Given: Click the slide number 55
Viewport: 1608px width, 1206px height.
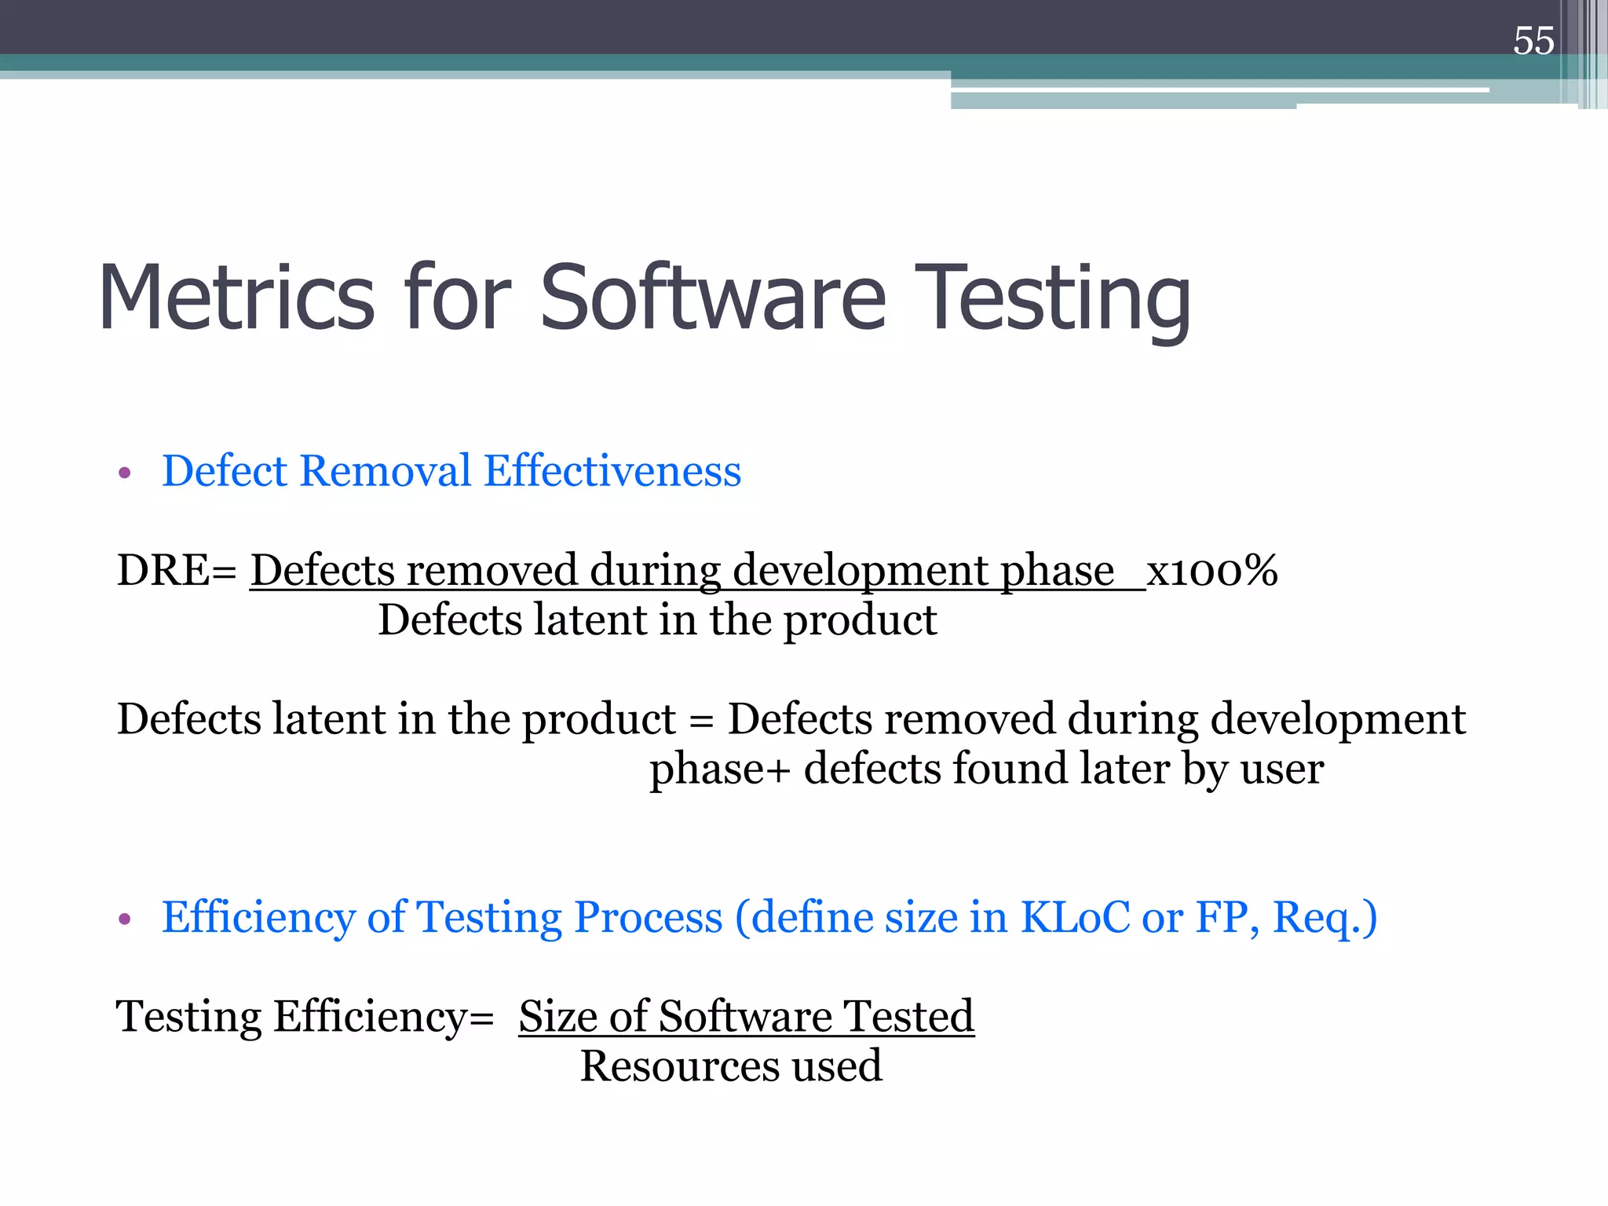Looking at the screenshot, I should (1533, 41).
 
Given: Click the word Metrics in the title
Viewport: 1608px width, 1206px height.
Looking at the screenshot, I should (236, 298).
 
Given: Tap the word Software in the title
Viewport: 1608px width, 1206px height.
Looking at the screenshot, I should (713, 298).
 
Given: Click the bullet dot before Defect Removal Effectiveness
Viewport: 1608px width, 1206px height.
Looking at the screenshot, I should (124, 473).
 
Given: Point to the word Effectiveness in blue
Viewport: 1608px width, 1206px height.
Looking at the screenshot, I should (612, 471).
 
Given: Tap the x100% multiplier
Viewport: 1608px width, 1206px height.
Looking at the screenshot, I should (1212, 570).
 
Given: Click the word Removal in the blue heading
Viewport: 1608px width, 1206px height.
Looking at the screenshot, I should (385, 471).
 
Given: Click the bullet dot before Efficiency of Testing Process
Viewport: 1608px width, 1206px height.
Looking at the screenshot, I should (124, 919).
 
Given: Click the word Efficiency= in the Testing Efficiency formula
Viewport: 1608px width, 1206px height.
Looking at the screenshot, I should (383, 1018).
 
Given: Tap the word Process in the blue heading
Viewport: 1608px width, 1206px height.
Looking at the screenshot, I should (648, 917).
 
